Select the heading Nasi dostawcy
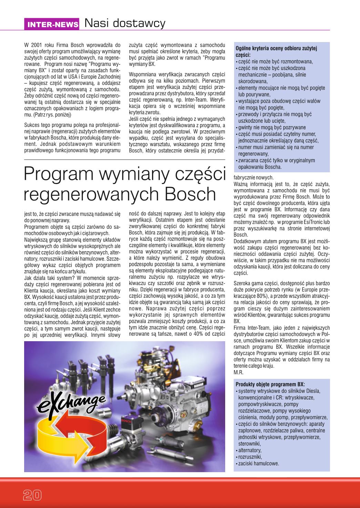pyautogui.click(x=125, y=23)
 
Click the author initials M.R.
pyautogui.click(x=238, y=373)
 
